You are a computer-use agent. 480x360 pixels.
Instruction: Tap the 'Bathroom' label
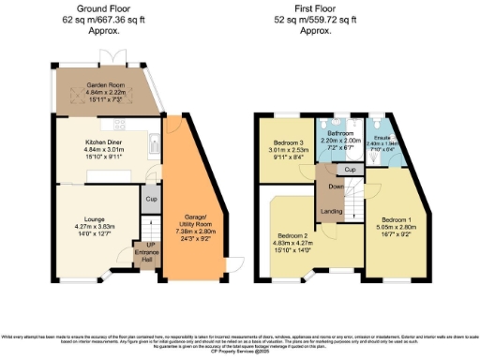(x=341, y=134)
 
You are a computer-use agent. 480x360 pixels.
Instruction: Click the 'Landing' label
(x=330, y=211)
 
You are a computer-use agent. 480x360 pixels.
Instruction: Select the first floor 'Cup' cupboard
(x=348, y=170)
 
